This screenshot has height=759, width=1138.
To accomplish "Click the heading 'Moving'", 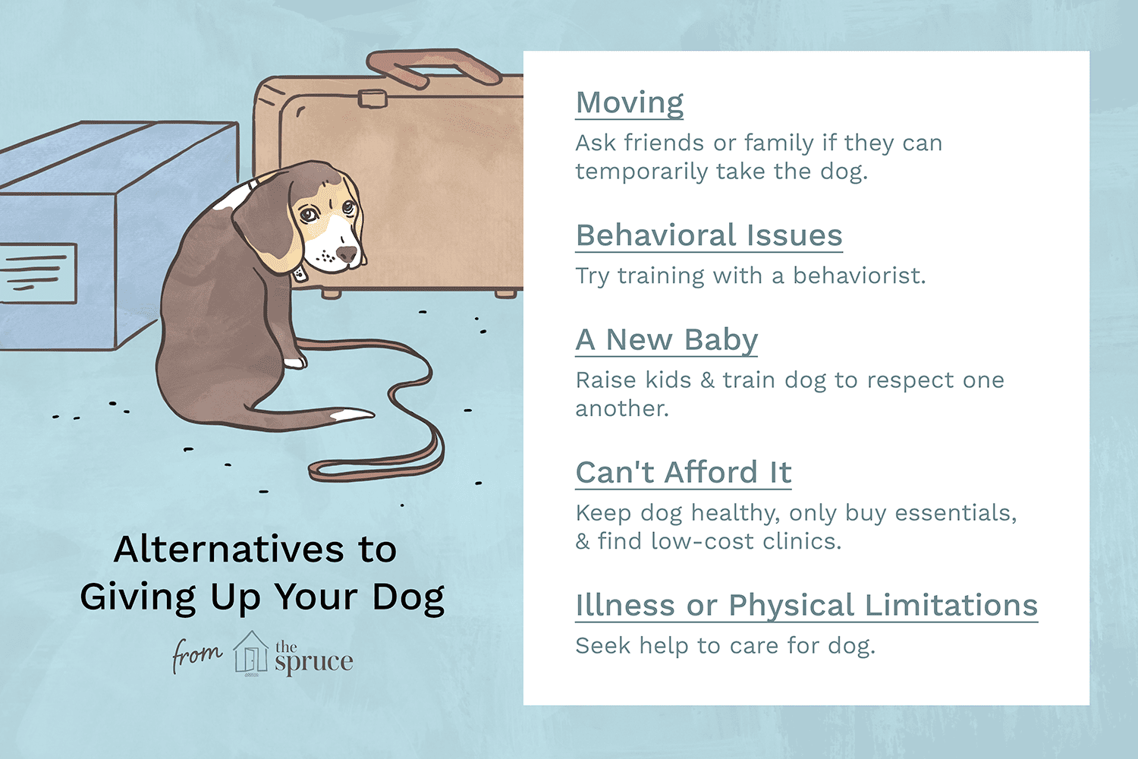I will click(630, 103).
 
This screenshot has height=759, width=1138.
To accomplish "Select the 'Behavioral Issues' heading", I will click(709, 236).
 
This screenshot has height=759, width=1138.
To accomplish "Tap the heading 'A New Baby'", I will click(666, 340).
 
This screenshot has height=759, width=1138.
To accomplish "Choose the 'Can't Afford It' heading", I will click(683, 473).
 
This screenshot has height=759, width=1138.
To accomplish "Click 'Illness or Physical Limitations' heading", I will click(806, 606).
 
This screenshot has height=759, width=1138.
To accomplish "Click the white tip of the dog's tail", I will click(352, 415).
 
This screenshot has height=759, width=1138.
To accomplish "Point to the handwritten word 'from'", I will click(196, 654).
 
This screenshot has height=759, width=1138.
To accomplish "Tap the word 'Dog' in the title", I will click(408, 598).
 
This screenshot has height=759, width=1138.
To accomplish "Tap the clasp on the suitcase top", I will click(373, 98).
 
